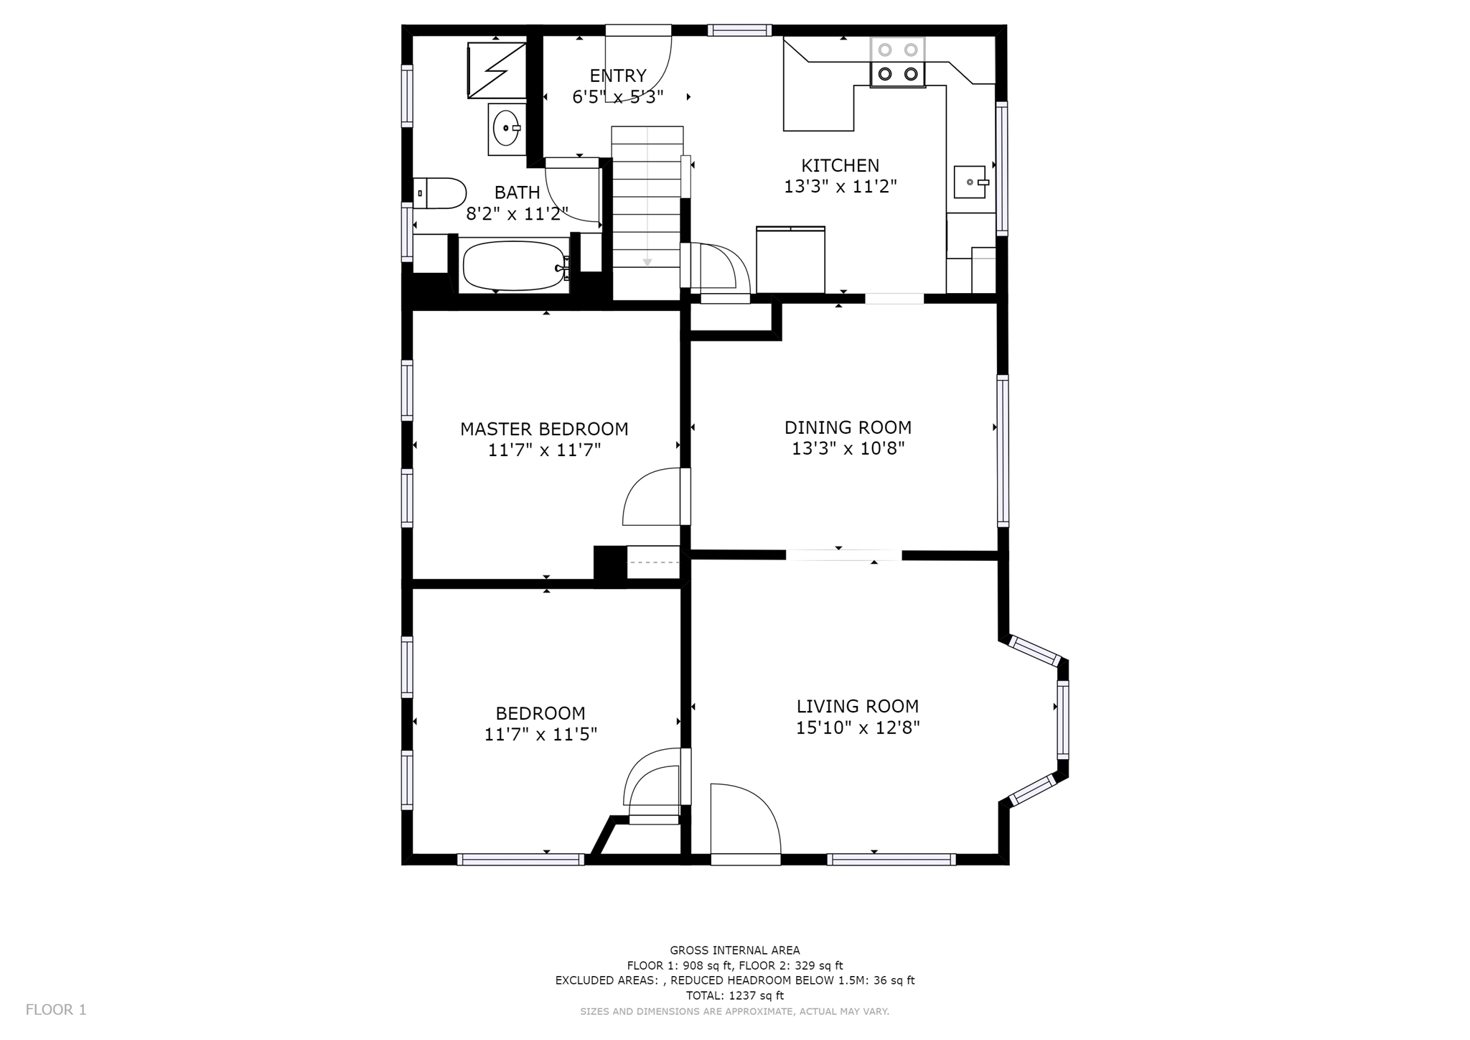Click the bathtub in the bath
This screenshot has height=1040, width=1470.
pos(515,266)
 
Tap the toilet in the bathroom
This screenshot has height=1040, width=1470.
pos(440,193)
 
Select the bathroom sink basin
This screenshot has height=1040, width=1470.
pos(507,129)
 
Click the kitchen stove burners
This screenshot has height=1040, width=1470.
pos(898,62)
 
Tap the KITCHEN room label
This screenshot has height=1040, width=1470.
pos(840,165)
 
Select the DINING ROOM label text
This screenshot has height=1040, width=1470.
pos(848,427)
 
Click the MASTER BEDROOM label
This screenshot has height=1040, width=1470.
pos(544,429)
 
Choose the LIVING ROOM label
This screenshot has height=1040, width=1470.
pos(858,706)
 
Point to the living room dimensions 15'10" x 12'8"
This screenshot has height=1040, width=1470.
pos(858,728)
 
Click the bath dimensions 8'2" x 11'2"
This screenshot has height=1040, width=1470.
pos(517,213)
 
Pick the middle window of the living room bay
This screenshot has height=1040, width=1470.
pos(1063,720)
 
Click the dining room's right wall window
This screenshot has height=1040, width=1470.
pos(1003,450)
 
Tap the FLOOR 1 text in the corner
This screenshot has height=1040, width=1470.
pos(56,1010)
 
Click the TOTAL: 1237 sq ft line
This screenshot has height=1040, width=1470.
pos(735,995)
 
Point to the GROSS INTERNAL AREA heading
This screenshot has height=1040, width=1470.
pos(735,950)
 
